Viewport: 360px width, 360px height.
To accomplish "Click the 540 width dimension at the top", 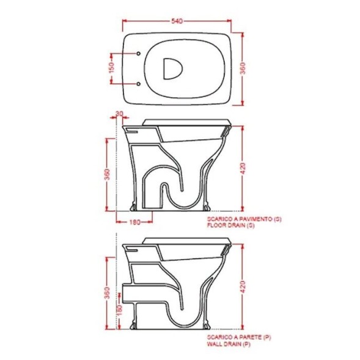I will tap(177, 21).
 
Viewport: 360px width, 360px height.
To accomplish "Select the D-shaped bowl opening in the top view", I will tap(174, 68).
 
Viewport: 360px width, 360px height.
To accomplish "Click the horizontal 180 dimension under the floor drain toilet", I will tap(134, 221).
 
